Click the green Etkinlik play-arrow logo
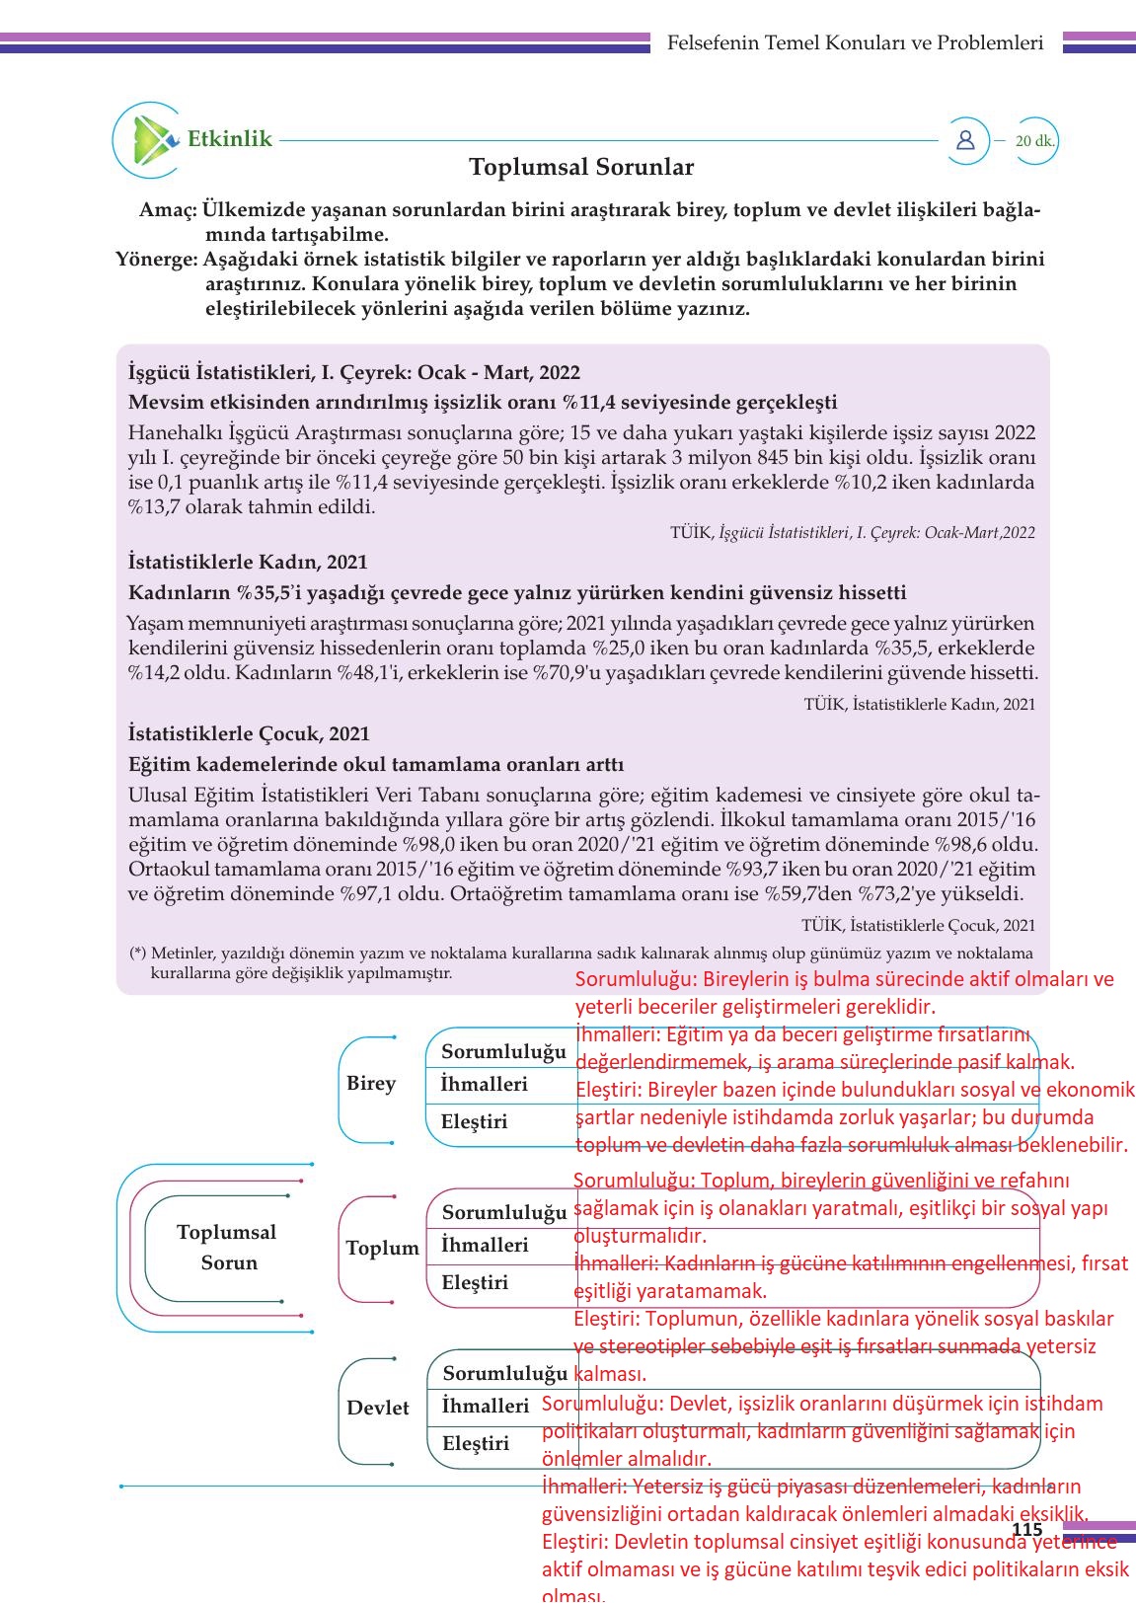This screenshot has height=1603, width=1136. pyautogui.click(x=148, y=140)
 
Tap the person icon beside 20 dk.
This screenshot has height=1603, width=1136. pyautogui.click(x=965, y=140)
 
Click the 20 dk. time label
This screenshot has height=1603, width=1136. pyautogui.click(x=1034, y=141)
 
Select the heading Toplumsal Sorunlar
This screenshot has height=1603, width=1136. pyautogui.click(x=581, y=167)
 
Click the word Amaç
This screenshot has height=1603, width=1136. pyautogui.click(x=168, y=210)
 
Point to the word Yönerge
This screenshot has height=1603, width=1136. pyautogui.click(x=156, y=260)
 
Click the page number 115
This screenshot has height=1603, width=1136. pyautogui.click(x=1026, y=1529)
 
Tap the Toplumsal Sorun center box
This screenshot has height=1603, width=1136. pyautogui.click(x=227, y=1247)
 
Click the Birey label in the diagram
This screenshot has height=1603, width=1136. pyautogui.click(x=371, y=1083)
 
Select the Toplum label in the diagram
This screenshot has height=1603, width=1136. pyautogui.click(x=382, y=1248)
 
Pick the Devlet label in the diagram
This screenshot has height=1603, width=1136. pyautogui.click(x=378, y=1408)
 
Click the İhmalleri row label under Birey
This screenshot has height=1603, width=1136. pyautogui.click(x=484, y=1084)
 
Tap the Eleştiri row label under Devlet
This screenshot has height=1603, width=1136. pyautogui.click(x=476, y=1443)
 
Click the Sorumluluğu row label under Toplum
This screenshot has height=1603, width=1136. pyautogui.click(x=504, y=1211)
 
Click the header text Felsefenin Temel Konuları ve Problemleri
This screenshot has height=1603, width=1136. pyautogui.click(x=855, y=42)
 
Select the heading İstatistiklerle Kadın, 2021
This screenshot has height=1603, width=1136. pyautogui.click(x=248, y=562)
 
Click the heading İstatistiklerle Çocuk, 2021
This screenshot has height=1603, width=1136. pyautogui.click(x=249, y=733)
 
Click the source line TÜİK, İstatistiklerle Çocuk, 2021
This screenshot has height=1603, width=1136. pyautogui.click(x=918, y=925)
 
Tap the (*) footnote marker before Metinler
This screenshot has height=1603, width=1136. pyautogui.click(x=138, y=954)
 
